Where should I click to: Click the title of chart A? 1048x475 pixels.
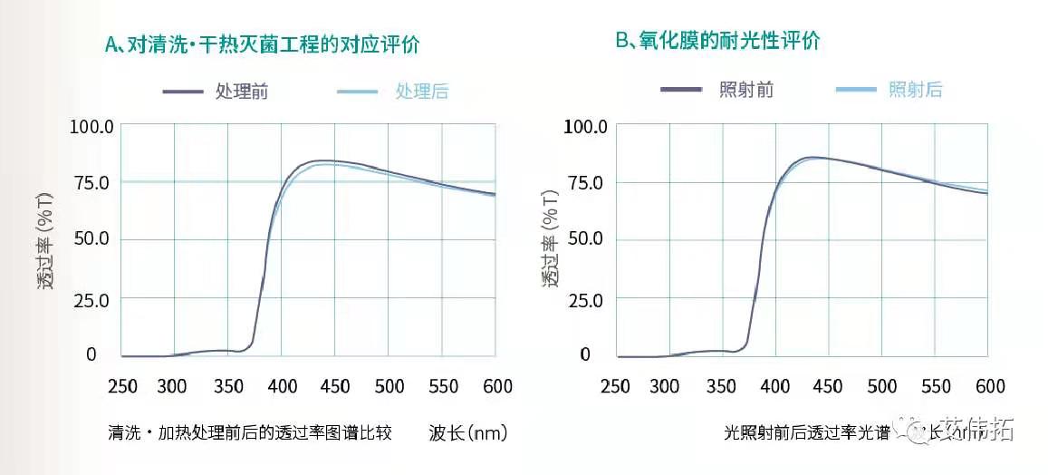pyautogui.click(x=262, y=44)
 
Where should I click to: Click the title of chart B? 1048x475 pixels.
pyautogui.click(x=718, y=41)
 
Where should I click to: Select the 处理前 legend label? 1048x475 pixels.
pyautogui.click(x=242, y=91)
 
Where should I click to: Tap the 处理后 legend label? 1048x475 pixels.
pyautogui.click(x=421, y=91)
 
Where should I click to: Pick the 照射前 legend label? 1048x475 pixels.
pyautogui.click(x=746, y=89)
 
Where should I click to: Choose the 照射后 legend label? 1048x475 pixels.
pyautogui.click(x=916, y=89)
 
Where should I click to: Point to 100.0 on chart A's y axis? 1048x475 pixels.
pyautogui.click(x=91, y=126)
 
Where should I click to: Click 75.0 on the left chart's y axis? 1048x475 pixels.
pyautogui.click(x=91, y=182)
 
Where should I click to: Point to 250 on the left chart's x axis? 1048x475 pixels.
pyautogui.click(x=122, y=386)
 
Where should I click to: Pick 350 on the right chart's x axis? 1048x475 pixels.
pyautogui.click(x=722, y=386)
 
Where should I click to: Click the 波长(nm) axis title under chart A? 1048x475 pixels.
pyautogui.click(x=468, y=432)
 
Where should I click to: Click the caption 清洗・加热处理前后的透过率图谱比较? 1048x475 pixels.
pyautogui.click(x=249, y=432)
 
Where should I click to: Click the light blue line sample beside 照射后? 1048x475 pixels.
pyautogui.click(x=855, y=89)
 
